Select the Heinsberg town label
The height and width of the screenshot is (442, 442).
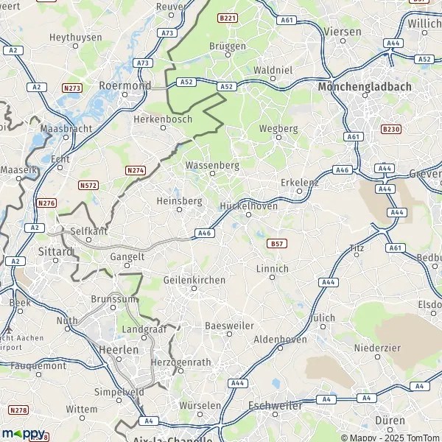[x=179, y=200]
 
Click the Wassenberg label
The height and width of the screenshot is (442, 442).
[x=212, y=166]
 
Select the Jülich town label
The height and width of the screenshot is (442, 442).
[x=320, y=318]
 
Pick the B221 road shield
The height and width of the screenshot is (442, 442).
[x=227, y=17]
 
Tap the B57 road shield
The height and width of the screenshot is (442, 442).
[x=277, y=242]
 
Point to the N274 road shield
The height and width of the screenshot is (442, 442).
[x=136, y=170]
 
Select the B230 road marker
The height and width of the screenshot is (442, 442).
[x=390, y=129]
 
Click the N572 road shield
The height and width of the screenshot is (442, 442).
[x=88, y=185]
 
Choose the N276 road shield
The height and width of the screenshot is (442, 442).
[x=47, y=203]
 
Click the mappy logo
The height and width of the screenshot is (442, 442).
[x=23, y=433]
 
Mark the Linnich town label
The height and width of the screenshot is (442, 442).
[x=272, y=269]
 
